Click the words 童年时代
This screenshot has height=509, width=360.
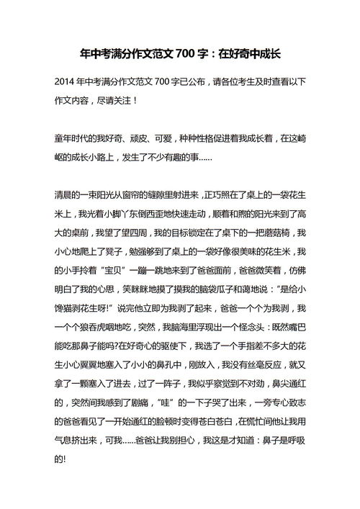pyautogui.click(x=73, y=138)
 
